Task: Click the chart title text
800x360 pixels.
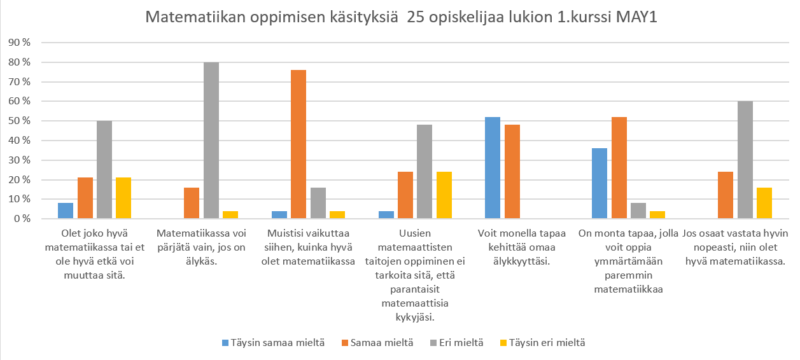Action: click(400, 17)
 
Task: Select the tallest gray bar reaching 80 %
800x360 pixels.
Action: click(211, 141)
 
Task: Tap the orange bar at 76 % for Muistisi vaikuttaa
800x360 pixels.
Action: click(298, 144)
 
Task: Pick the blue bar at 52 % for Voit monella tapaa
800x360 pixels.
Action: click(492, 168)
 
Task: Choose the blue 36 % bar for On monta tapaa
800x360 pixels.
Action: click(600, 183)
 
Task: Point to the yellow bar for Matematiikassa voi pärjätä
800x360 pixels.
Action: click(230, 215)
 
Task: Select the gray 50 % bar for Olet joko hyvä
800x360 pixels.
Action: click(104, 170)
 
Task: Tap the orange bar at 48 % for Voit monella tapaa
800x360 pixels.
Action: click(512, 172)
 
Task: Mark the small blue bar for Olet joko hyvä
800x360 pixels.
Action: click(66, 211)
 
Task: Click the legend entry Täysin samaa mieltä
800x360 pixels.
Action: click(269, 343)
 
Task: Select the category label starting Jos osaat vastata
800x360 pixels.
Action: click(733, 247)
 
